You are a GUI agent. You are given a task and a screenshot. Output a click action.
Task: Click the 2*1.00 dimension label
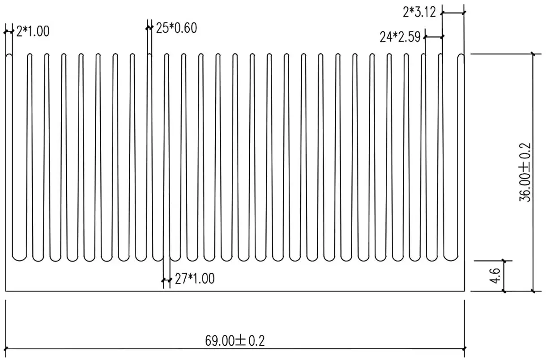tap(33, 31)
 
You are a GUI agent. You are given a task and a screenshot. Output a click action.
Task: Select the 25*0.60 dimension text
tap(176, 28)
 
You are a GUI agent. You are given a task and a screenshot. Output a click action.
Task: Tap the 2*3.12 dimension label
tap(419, 12)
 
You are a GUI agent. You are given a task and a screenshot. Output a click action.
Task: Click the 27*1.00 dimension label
tap(194, 279)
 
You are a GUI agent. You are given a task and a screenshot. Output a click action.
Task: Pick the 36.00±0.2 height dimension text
tap(525, 172)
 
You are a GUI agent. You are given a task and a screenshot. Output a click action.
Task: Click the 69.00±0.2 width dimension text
tap(235, 341)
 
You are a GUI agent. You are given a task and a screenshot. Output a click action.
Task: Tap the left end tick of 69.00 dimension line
tap(6, 348)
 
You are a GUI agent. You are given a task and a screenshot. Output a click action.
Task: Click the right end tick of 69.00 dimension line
tap(465, 348)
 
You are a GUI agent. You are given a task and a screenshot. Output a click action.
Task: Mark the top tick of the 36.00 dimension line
tap(533, 54)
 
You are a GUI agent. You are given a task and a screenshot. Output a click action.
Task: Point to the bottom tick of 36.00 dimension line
tap(533, 291)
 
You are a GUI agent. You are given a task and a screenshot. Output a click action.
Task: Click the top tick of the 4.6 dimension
tap(504, 260)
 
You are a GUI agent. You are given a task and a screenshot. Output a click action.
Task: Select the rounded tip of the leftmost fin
tap(9, 56)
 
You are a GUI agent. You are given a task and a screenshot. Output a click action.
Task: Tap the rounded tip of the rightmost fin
tap(461, 56)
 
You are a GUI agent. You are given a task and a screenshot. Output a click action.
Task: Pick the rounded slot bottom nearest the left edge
tap(19, 257)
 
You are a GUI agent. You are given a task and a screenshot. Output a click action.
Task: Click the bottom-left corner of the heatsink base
tap(6, 291)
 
